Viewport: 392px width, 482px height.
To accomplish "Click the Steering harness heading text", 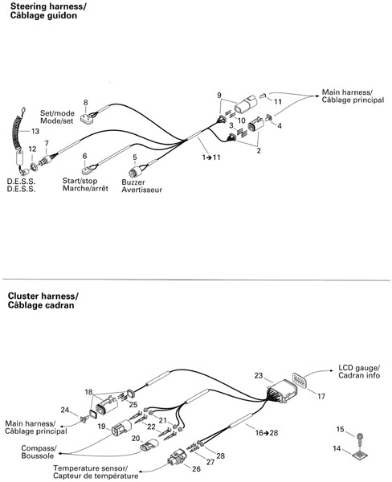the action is point(48,10).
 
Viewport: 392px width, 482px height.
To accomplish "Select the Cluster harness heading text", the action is point(43,300).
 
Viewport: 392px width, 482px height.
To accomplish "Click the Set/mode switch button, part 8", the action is point(88,118).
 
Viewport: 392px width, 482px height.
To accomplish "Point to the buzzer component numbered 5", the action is point(135,172).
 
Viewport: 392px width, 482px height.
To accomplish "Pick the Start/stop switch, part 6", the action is point(88,170).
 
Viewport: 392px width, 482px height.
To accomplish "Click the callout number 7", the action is point(47,144).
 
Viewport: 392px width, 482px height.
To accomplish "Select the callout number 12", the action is point(32,149).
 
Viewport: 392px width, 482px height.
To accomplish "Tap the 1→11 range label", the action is point(211,157).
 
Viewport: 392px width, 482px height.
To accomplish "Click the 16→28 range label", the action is point(266,433).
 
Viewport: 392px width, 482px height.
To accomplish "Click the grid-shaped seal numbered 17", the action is point(298,380).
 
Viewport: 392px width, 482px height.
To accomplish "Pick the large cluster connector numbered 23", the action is point(282,391).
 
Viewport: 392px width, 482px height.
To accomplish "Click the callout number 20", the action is point(136,439).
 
